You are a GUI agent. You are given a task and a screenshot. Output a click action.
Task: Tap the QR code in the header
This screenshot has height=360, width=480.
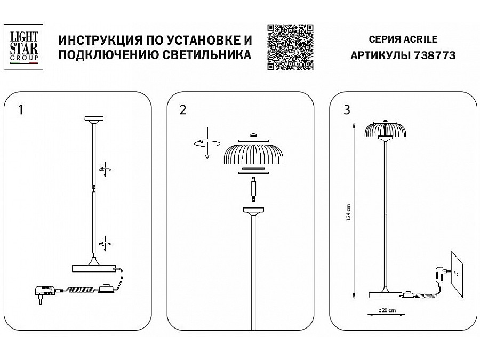[x=290, y=47]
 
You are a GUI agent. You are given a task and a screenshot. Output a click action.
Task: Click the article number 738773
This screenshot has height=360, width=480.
[x=435, y=55]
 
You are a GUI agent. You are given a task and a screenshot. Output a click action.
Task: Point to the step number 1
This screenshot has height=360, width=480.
[x=21, y=110]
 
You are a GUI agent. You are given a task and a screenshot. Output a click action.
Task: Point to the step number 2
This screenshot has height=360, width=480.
[x=183, y=110]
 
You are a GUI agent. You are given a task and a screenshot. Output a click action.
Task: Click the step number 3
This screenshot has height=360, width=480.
[x=347, y=110]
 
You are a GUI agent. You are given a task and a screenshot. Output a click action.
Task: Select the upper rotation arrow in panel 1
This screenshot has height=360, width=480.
[x=105, y=170]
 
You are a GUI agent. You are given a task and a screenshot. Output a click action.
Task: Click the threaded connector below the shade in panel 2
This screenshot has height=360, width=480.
[x=253, y=189]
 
